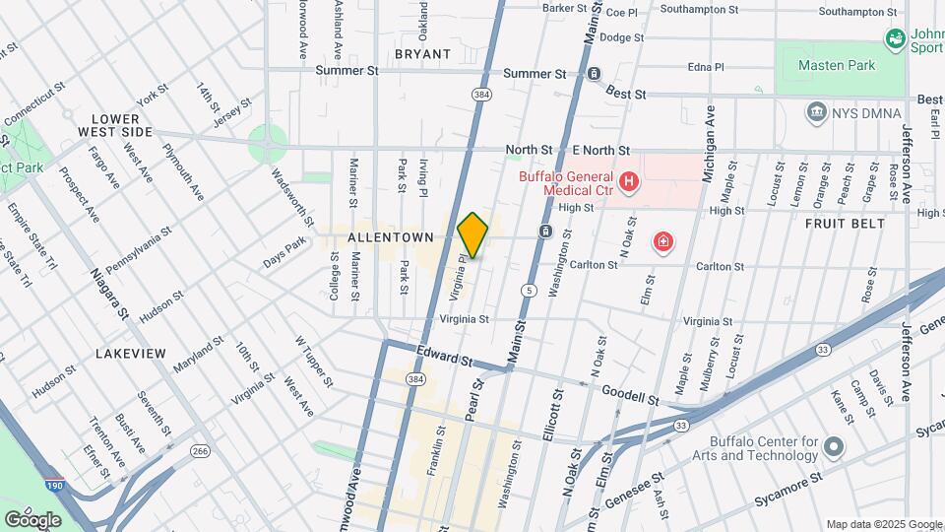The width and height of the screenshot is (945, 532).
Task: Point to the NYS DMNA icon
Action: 816,112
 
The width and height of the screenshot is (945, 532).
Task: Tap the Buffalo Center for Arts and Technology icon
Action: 835,448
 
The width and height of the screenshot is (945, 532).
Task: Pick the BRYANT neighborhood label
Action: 422,54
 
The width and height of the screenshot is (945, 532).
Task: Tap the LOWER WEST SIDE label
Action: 116,125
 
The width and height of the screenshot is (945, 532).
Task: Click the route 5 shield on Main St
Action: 530,291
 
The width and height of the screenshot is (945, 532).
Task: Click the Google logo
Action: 32,519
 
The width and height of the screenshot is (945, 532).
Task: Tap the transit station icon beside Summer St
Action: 594,74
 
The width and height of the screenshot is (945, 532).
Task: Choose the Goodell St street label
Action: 630,396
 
